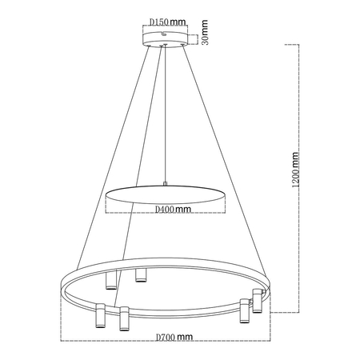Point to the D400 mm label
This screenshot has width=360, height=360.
[171, 210]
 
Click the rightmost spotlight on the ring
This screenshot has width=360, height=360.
[258, 302]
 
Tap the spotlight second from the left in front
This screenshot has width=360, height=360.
[124, 318]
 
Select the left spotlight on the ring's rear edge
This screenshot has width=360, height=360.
[110, 281]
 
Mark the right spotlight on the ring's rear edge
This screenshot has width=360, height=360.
[141, 276]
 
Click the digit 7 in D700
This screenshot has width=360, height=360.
[164, 338]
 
